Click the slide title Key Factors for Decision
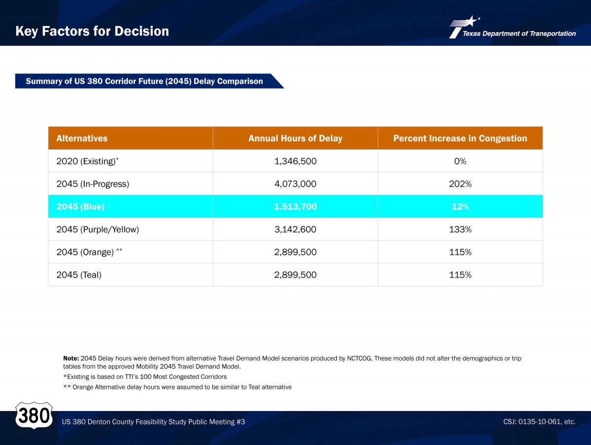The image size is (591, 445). (x=92, y=31)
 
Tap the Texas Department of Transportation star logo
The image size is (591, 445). (x=464, y=27)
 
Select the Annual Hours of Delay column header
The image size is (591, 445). (x=295, y=138)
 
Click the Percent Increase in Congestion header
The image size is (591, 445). (x=460, y=138)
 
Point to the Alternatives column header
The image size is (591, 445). (x=82, y=138)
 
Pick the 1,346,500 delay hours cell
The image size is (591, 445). (x=295, y=161)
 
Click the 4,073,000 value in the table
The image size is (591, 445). (x=295, y=184)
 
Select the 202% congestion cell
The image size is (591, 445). (x=460, y=184)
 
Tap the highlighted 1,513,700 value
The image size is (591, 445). (x=295, y=206)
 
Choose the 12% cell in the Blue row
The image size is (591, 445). (x=460, y=206)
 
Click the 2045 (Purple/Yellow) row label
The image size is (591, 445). (x=98, y=230)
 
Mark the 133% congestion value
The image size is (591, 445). (x=460, y=229)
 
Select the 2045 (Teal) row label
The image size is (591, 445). (x=79, y=275)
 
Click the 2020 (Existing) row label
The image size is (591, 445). (x=87, y=161)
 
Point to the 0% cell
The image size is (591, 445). (x=460, y=161)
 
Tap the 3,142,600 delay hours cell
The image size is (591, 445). (x=295, y=229)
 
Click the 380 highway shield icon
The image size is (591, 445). (x=34, y=415)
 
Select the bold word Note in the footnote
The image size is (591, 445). (x=71, y=358)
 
